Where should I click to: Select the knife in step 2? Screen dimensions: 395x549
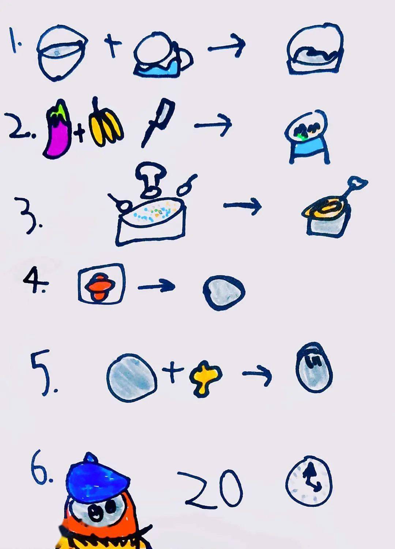pos(158,123)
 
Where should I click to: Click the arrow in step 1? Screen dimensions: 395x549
pos(226,46)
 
